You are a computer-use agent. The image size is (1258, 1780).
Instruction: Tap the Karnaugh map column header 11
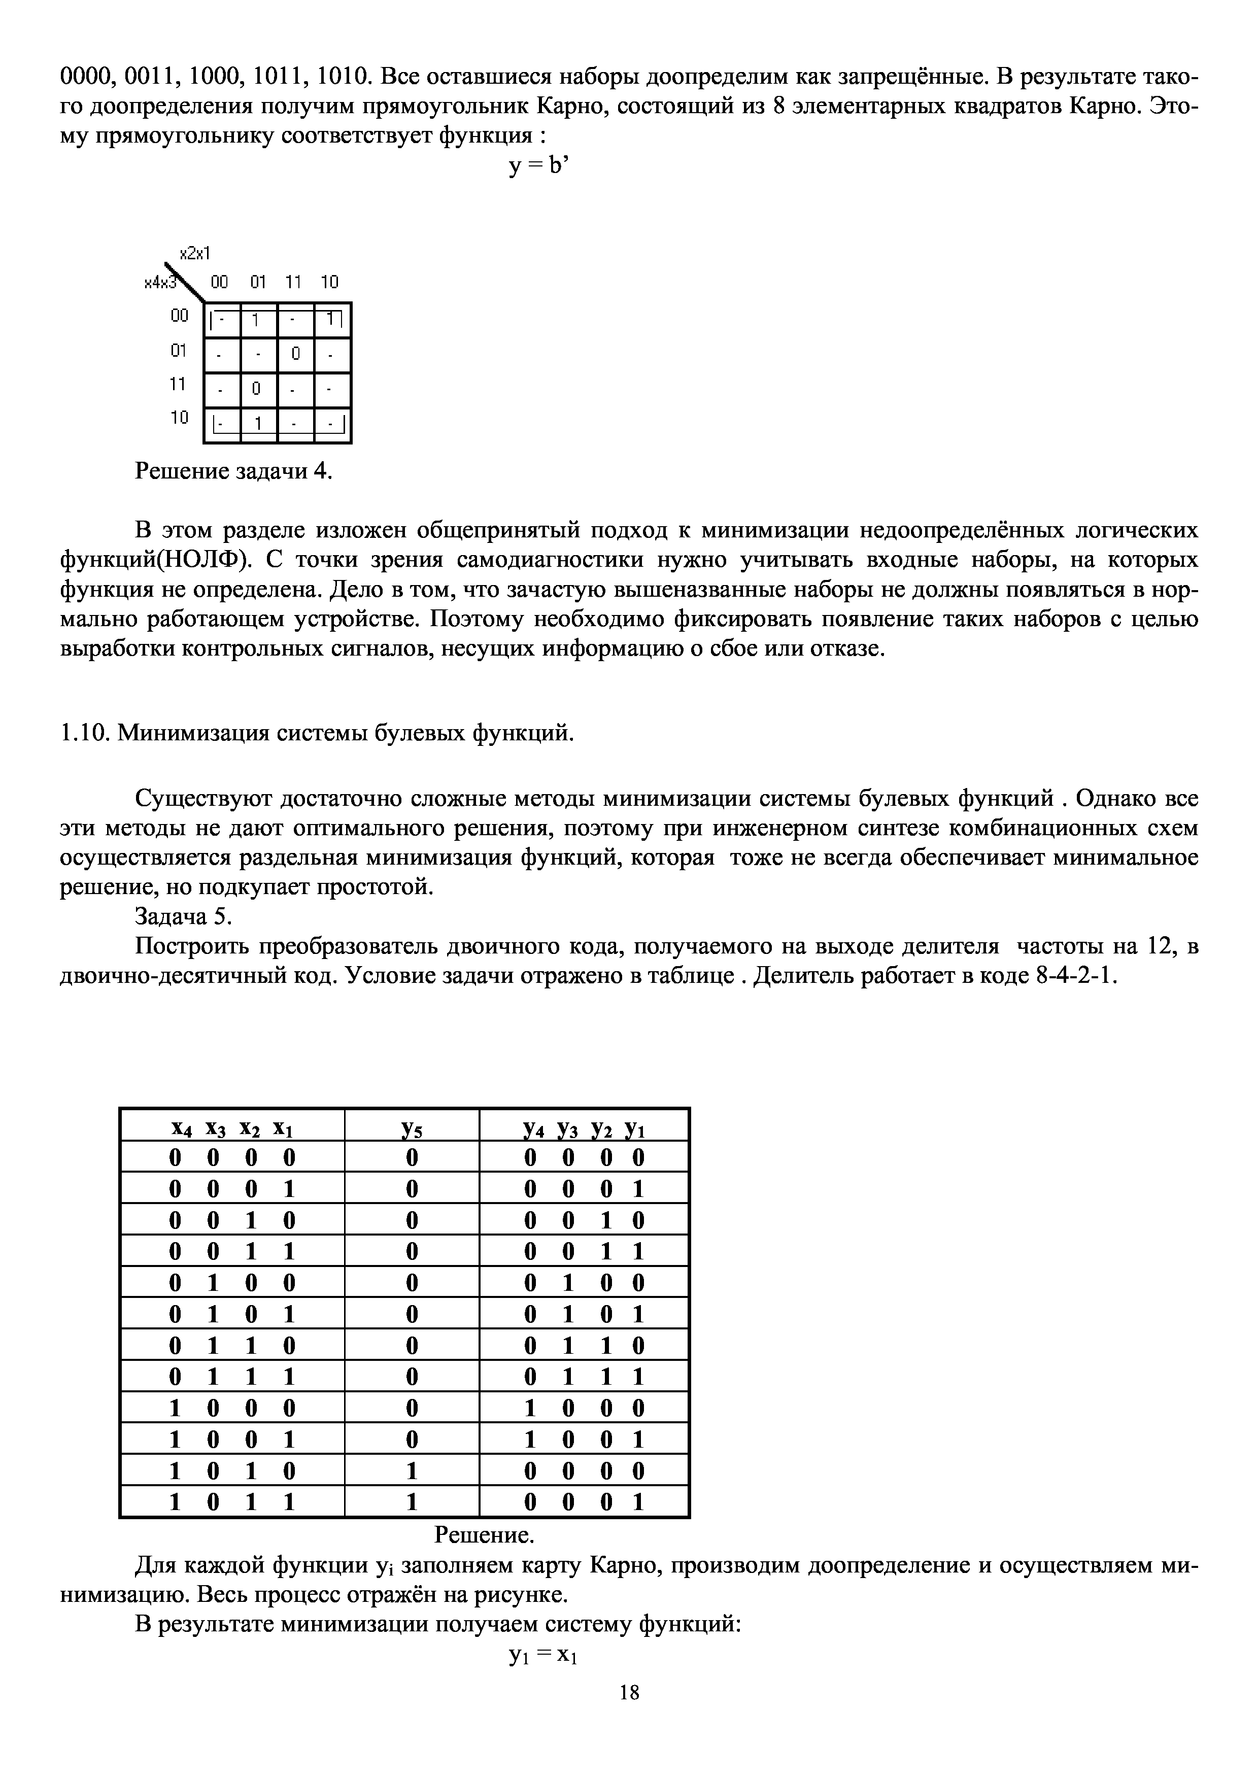tap(292, 282)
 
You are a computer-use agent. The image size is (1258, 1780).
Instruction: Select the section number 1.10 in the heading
tap(85, 733)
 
